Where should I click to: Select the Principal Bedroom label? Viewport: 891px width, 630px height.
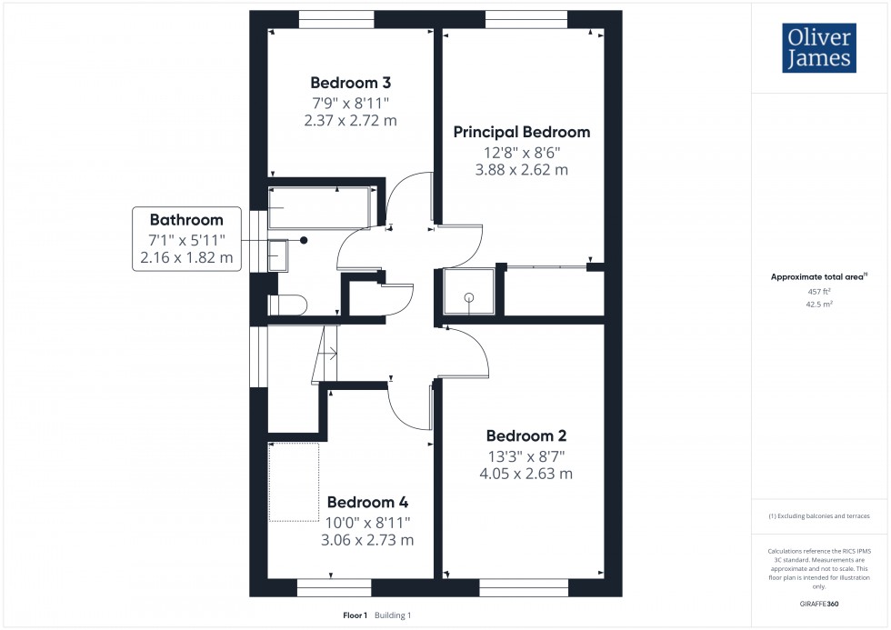[x=522, y=132]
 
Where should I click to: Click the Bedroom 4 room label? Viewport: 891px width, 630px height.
[x=367, y=502]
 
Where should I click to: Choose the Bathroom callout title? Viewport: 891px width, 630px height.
[x=186, y=220]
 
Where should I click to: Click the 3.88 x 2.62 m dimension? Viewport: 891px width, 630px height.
[x=522, y=170]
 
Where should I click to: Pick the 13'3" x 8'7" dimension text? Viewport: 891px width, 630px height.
[x=527, y=455]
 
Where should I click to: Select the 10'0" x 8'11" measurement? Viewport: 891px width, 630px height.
[x=367, y=522]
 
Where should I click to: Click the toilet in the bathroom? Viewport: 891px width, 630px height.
[x=291, y=305]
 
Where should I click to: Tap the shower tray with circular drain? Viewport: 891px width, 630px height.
[x=469, y=293]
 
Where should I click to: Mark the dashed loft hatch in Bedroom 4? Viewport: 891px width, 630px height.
[x=294, y=482]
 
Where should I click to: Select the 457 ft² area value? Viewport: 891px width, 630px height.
[x=820, y=292]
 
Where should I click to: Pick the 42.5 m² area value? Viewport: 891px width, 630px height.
[x=820, y=305]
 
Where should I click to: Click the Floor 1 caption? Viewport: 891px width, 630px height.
[x=354, y=615]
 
